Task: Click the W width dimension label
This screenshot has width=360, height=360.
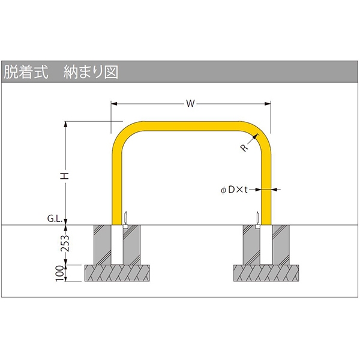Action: (190, 104)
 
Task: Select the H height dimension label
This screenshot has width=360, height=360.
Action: (65, 176)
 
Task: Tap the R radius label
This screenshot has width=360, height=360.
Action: (245, 148)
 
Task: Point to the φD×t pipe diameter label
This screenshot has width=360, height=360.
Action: (234, 190)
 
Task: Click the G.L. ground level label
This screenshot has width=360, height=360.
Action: (55, 218)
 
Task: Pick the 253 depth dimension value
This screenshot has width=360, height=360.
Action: (65, 243)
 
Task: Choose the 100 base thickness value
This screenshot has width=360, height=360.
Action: (59, 273)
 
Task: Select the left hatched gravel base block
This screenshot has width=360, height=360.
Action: (117, 273)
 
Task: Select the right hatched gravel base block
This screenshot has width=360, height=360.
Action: (266, 273)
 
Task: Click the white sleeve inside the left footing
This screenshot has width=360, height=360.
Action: (117, 245)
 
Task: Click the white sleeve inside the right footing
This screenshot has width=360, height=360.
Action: (266, 245)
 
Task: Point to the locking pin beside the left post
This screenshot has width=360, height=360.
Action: (125, 220)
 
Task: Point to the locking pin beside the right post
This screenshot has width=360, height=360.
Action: (258, 220)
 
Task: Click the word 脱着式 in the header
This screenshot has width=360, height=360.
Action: (26, 72)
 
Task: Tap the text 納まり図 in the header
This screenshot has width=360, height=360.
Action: (91, 72)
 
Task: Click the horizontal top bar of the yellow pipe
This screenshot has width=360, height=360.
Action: (191, 126)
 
